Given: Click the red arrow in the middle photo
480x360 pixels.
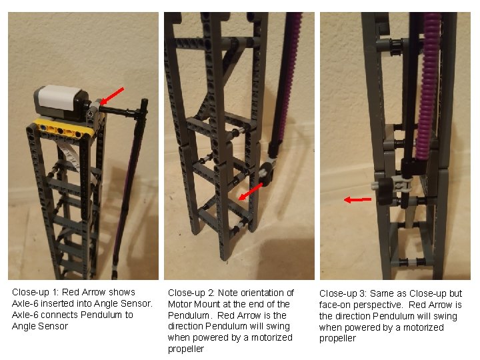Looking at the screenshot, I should pyautogui.click(x=250, y=192).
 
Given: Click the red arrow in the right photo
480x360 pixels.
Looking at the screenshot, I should pyautogui.click(x=358, y=199).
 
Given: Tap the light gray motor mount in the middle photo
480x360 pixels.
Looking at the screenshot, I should pyautogui.click(x=267, y=169).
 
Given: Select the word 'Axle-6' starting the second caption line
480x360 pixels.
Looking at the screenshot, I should pyautogui.click(x=25, y=303).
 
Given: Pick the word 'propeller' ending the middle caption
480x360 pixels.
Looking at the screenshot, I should pyautogui.click(x=185, y=349).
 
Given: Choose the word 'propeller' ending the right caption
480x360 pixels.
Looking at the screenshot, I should pyautogui.click(x=337, y=339).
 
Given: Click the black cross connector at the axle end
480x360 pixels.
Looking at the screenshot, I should pyautogui.click(x=143, y=107).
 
